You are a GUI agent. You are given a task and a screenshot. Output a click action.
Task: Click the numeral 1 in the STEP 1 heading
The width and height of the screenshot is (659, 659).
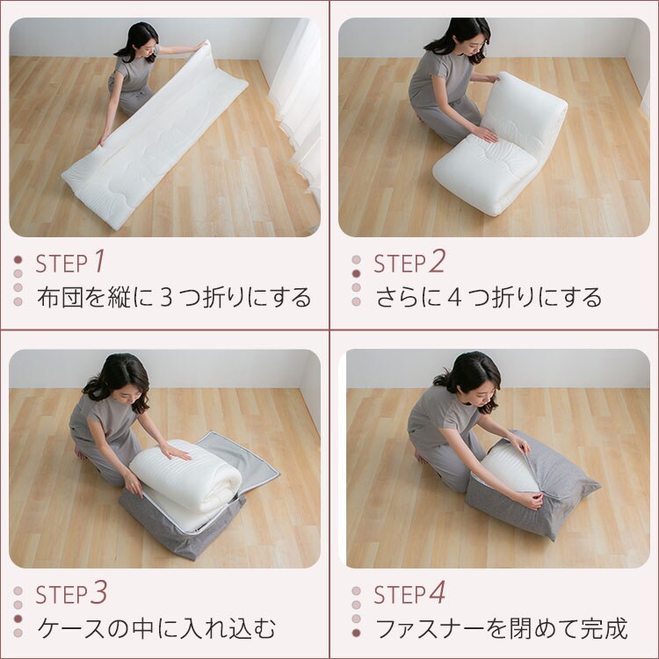point(99,261)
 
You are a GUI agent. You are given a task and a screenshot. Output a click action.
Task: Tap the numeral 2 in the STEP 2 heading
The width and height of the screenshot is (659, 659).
point(437,261)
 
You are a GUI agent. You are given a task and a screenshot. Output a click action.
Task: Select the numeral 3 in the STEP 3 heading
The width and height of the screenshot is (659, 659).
point(99,593)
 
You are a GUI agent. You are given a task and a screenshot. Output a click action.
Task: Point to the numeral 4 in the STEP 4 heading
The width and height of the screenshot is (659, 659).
point(437,593)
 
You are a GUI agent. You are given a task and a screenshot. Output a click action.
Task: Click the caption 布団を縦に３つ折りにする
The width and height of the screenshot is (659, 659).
point(174,297)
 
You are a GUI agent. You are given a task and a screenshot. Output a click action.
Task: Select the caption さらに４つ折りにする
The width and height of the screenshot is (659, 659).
point(489,297)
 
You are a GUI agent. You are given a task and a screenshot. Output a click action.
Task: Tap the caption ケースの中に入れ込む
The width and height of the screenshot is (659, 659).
point(156,628)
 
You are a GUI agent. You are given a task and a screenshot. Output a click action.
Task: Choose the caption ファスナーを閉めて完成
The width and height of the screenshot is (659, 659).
point(501,628)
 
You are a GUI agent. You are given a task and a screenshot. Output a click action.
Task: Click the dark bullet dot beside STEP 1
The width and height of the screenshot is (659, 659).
point(18,260)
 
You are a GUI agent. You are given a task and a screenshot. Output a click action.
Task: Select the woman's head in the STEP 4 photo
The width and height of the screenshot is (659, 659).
point(470,373)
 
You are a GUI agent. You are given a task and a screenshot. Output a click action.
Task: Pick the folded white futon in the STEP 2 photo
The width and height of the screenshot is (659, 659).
point(496,149)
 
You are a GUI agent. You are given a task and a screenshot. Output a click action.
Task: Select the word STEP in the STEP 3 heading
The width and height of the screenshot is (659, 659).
point(62,595)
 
